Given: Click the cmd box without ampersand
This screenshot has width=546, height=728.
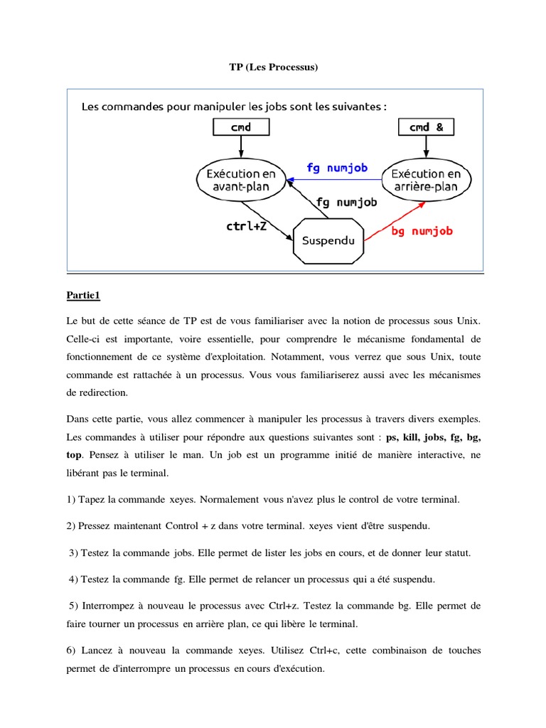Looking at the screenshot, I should (x=241, y=127).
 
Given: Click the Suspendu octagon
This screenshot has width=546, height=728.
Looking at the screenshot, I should (x=328, y=241).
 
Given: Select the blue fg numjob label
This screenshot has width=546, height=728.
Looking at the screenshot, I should (x=337, y=168).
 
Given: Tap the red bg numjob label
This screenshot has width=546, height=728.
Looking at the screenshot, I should (x=422, y=231).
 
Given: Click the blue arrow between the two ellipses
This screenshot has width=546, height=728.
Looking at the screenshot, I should (x=334, y=181).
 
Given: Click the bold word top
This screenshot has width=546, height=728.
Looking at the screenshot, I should (x=74, y=453).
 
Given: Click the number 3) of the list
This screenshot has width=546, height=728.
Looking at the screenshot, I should (x=74, y=552).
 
